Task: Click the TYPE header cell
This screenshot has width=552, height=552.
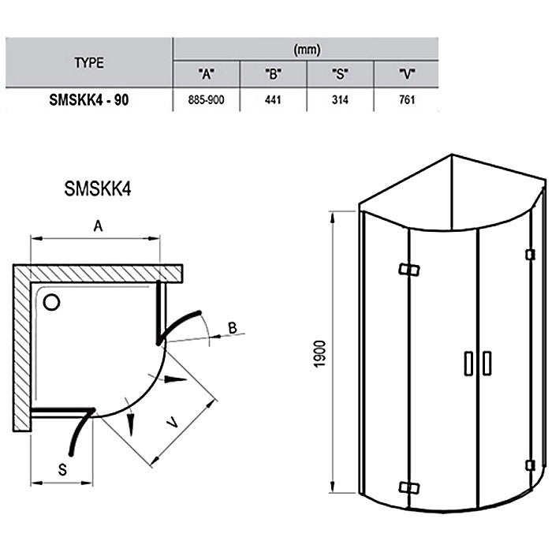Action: [89, 63]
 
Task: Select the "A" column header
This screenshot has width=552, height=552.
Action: [207, 74]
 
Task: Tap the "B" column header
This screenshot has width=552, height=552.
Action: [273, 74]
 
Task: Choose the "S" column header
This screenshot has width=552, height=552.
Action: [340, 74]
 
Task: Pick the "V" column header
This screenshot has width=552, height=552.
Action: [407, 74]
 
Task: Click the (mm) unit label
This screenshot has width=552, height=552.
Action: [307, 50]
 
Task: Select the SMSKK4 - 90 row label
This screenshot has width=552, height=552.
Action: [89, 100]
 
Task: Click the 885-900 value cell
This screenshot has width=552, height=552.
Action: [206, 100]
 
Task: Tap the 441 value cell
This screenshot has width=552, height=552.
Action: [273, 100]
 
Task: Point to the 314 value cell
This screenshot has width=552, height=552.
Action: [340, 100]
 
